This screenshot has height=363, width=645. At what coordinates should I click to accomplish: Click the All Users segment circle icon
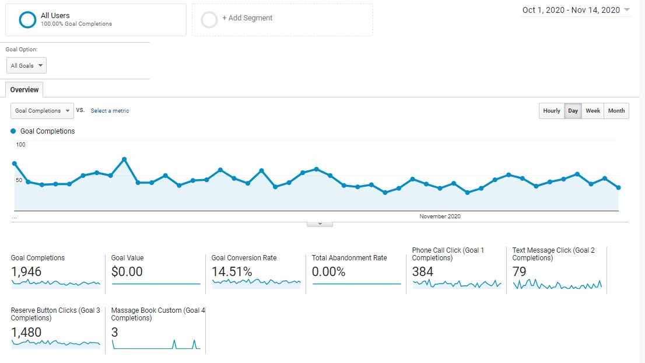(x=27, y=20)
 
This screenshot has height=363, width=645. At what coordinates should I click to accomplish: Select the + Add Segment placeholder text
(x=247, y=18)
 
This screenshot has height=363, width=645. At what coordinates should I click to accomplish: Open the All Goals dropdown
(x=26, y=65)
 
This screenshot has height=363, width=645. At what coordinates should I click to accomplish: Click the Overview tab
(x=24, y=90)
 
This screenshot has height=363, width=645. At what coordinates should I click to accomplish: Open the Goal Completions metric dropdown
(x=42, y=110)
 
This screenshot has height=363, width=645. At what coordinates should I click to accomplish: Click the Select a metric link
(x=110, y=111)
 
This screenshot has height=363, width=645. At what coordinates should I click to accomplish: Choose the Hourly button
(x=551, y=111)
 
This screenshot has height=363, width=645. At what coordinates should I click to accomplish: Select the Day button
(x=573, y=111)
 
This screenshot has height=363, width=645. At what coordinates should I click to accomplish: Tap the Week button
(x=593, y=111)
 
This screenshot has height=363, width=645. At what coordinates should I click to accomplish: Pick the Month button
(x=616, y=111)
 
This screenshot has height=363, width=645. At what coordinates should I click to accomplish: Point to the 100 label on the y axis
(x=20, y=144)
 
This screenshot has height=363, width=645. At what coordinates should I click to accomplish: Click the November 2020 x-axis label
(x=440, y=217)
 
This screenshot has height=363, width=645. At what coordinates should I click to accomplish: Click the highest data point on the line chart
(x=124, y=159)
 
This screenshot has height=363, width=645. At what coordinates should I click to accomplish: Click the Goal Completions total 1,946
(x=27, y=271)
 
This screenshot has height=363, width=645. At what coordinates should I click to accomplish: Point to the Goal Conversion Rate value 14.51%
(x=232, y=271)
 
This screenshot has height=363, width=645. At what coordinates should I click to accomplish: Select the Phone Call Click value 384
(x=423, y=271)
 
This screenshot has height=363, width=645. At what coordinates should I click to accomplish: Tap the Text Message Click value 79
(x=519, y=271)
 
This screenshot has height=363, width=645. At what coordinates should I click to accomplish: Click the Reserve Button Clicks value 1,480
(x=26, y=332)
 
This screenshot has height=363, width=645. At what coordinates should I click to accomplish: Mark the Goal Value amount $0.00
(x=127, y=271)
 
